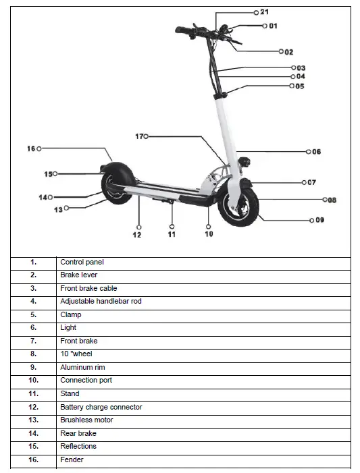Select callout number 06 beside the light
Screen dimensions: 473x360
pyautogui.click(x=315, y=152)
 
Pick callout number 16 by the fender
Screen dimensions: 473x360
pyautogui.click(x=31, y=148)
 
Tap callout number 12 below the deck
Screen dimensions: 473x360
pyautogui.click(x=137, y=235)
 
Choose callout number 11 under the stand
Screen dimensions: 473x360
pyautogui.click(x=172, y=234)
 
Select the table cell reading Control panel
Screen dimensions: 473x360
pyautogui.click(x=82, y=262)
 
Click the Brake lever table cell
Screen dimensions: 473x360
pyautogui.click(x=78, y=275)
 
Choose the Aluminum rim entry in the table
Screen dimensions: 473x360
pyautogui.click(x=82, y=367)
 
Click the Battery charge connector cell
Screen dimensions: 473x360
pyautogui.click(x=101, y=407)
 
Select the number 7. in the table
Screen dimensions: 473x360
pyautogui.click(x=33, y=341)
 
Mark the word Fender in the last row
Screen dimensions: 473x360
pyautogui.click(x=72, y=460)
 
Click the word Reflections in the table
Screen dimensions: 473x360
pyautogui.click(x=78, y=446)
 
